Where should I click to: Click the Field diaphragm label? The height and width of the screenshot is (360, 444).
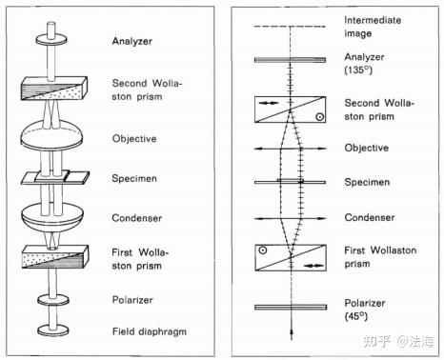[x=150, y=332]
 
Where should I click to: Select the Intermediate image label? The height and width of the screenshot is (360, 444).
[x=373, y=27]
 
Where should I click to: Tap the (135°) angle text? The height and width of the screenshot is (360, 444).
[x=358, y=70]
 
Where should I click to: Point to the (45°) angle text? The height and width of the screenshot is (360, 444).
[x=356, y=316]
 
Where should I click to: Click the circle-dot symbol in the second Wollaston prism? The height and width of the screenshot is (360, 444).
[x=320, y=117]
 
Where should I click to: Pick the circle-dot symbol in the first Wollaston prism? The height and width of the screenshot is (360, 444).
[x=262, y=250]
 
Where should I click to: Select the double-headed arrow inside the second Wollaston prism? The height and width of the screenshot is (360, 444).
[x=269, y=103]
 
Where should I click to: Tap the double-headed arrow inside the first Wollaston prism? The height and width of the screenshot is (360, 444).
[x=313, y=266]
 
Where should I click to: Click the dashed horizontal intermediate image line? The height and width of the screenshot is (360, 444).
[x=290, y=27]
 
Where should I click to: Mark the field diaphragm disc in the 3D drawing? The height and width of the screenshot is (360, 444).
[x=53, y=330]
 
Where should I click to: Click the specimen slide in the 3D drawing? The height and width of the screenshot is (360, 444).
[x=55, y=178]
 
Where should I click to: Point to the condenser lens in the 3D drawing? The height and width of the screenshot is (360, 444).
[x=52, y=217]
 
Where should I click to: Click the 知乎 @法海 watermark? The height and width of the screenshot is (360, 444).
[x=398, y=341]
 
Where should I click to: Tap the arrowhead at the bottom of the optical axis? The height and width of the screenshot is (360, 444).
[x=292, y=332]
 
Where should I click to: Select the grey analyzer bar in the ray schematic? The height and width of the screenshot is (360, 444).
[x=290, y=60]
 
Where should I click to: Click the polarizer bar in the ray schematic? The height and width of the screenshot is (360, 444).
[x=291, y=307]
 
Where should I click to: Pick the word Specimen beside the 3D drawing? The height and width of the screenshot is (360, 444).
[x=134, y=179]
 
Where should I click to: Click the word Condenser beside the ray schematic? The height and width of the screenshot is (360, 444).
[x=370, y=217]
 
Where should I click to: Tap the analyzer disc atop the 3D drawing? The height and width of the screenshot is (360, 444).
[x=51, y=40]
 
